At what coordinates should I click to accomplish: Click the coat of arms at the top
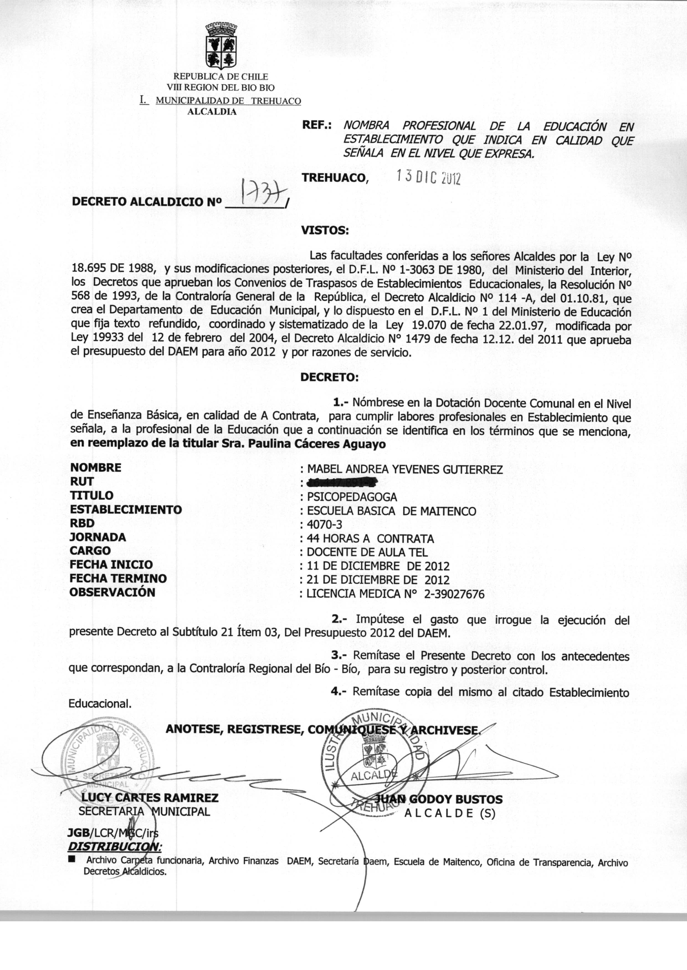point(221,46)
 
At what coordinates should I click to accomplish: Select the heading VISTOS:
point(324,231)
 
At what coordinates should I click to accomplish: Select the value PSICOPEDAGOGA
point(352,497)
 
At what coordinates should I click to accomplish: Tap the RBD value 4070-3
point(324,525)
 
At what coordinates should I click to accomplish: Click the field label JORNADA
point(98,537)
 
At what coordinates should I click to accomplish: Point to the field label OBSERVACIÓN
point(112,592)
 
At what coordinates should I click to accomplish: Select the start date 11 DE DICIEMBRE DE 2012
point(378,566)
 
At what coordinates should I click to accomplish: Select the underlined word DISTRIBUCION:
point(114,846)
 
